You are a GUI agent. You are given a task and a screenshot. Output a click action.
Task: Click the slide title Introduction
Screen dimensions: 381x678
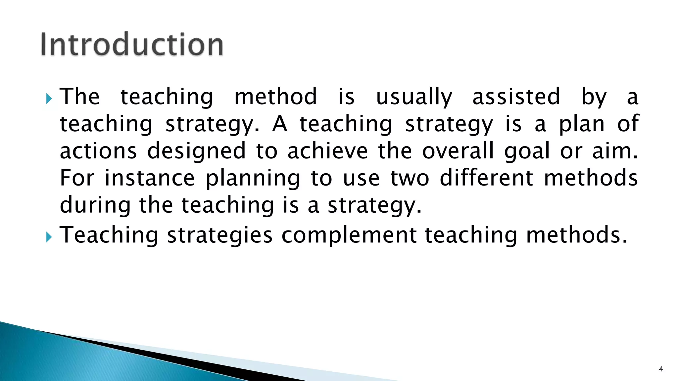(x=132, y=44)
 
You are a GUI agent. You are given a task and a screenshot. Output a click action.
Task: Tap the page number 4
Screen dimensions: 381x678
(x=661, y=369)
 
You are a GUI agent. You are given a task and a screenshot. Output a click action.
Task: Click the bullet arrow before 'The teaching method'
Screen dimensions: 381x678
(x=49, y=98)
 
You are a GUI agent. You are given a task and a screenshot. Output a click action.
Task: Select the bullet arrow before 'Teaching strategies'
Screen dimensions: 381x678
(x=49, y=236)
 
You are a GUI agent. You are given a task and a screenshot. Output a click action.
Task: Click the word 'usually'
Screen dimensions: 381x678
(x=414, y=97)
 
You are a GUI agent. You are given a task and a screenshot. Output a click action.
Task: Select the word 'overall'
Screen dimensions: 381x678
(x=458, y=151)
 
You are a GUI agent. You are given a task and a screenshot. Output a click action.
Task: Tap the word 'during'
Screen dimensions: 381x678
(x=95, y=206)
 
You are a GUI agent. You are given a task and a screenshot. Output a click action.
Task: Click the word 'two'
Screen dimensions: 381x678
(x=410, y=179)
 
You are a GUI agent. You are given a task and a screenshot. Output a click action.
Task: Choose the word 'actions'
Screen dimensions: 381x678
(x=98, y=151)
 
